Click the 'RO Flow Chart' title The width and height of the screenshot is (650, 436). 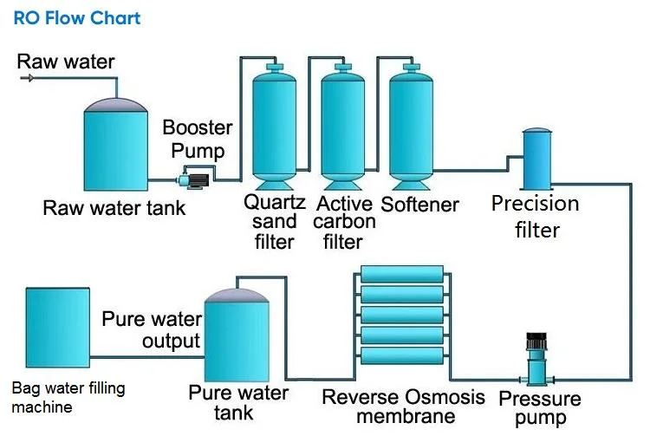tap(77, 18)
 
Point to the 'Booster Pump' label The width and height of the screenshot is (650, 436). tap(198, 139)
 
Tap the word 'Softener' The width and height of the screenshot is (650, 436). tap(420, 205)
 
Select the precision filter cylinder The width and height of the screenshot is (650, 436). tap(537, 157)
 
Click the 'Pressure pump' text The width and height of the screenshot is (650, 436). tap(540, 407)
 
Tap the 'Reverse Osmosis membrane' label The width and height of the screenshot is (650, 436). tap(404, 407)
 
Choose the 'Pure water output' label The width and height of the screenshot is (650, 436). tap(152, 329)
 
